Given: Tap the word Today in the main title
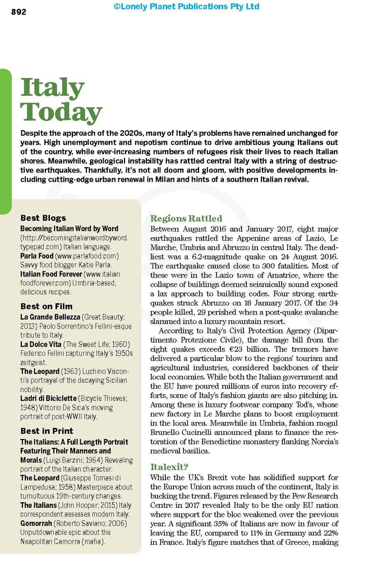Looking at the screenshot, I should pos(61,112).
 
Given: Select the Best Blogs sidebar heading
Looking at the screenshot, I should pos(43,217).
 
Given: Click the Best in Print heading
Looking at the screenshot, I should pos(47,431).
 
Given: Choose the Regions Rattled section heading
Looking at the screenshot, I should pos(186,219).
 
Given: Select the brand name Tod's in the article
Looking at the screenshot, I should pos(294,405).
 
